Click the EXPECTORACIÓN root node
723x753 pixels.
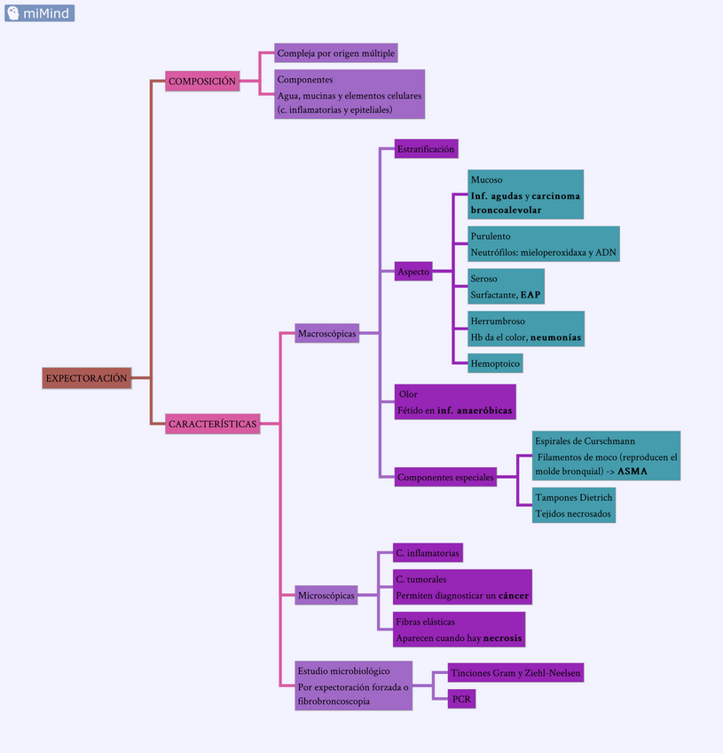tap(86, 377)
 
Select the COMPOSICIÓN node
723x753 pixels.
tap(202, 81)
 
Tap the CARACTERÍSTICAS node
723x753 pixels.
tap(213, 424)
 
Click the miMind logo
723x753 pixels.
tap(39, 12)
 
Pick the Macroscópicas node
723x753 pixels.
tap(327, 334)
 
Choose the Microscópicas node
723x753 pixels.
tap(326, 595)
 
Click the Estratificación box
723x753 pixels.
tap(426, 149)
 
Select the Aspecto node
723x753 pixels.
tap(413, 272)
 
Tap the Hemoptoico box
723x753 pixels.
tap(495, 362)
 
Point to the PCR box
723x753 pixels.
tap(461, 700)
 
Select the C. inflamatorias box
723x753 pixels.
tap(428, 553)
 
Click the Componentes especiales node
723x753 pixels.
tap(445, 477)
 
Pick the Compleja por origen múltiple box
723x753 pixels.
tap(336, 53)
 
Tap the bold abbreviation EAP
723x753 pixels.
tap(530, 295)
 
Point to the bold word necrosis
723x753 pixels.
tap(502, 639)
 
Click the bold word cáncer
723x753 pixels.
tap(513, 597)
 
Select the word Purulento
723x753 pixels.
tap(491, 236)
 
